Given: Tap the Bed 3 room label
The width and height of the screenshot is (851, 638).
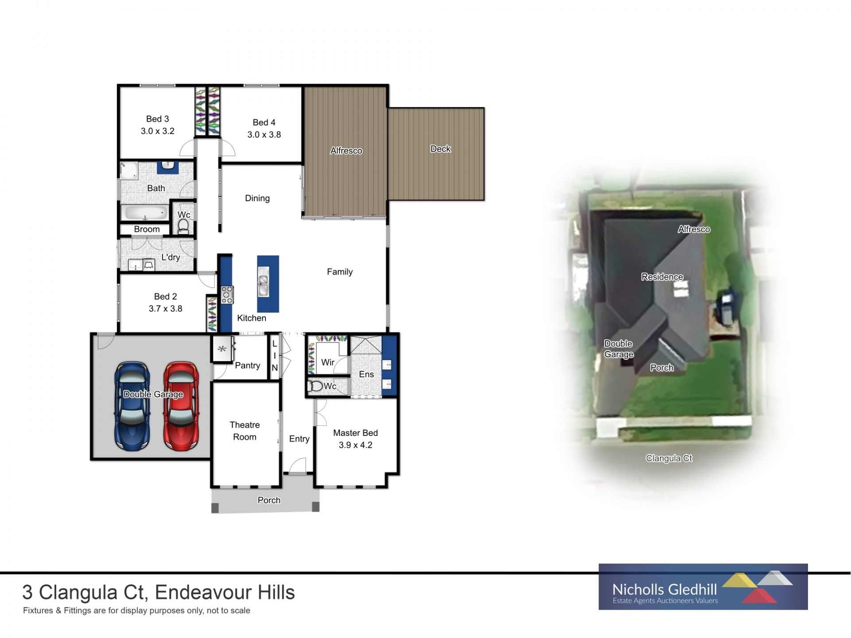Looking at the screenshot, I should pyautogui.click(x=157, y=119).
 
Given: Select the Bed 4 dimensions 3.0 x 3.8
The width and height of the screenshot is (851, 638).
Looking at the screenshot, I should pyautogui.click(x=264, y=135).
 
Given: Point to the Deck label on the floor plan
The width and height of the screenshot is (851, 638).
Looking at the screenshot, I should pyautogui.click(x=440, y=149).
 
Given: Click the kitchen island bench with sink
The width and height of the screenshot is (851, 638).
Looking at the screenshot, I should pyautogui.click(x=268, y=284).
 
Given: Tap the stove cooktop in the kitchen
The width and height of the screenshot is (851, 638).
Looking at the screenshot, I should pyautogui.click(x=227, y=295).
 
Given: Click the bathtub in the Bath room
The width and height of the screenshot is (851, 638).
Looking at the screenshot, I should pyautogui.click(x=145, y=213).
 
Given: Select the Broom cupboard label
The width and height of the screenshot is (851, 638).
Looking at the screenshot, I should pyautogui.click(x=147, y=229).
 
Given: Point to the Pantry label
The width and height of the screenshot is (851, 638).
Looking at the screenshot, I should pyautogui.click(x=247, y=366).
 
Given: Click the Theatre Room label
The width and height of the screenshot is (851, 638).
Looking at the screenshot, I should pyautogui.click(x=245, y=431).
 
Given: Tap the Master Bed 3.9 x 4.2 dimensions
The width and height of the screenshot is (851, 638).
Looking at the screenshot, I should pyautogui.click(x=355, y=445).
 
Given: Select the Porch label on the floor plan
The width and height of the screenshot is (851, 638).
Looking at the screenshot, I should pyautogui.click(x=269, y=500).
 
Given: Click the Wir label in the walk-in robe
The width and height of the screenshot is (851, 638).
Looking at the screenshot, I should pyautogui.click(x=328, y=362).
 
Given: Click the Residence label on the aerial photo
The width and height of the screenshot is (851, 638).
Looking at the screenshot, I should pyautogui.click(x=662, y=277).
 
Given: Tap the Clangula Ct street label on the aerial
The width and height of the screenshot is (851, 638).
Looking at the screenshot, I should pyautogui.click(x=668, y=458).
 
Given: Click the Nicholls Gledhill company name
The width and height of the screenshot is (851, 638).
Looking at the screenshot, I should pyautogui.click(x=664, y=589).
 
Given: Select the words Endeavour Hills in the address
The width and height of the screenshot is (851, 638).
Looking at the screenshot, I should pyautogui.click(x=225, y=592).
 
